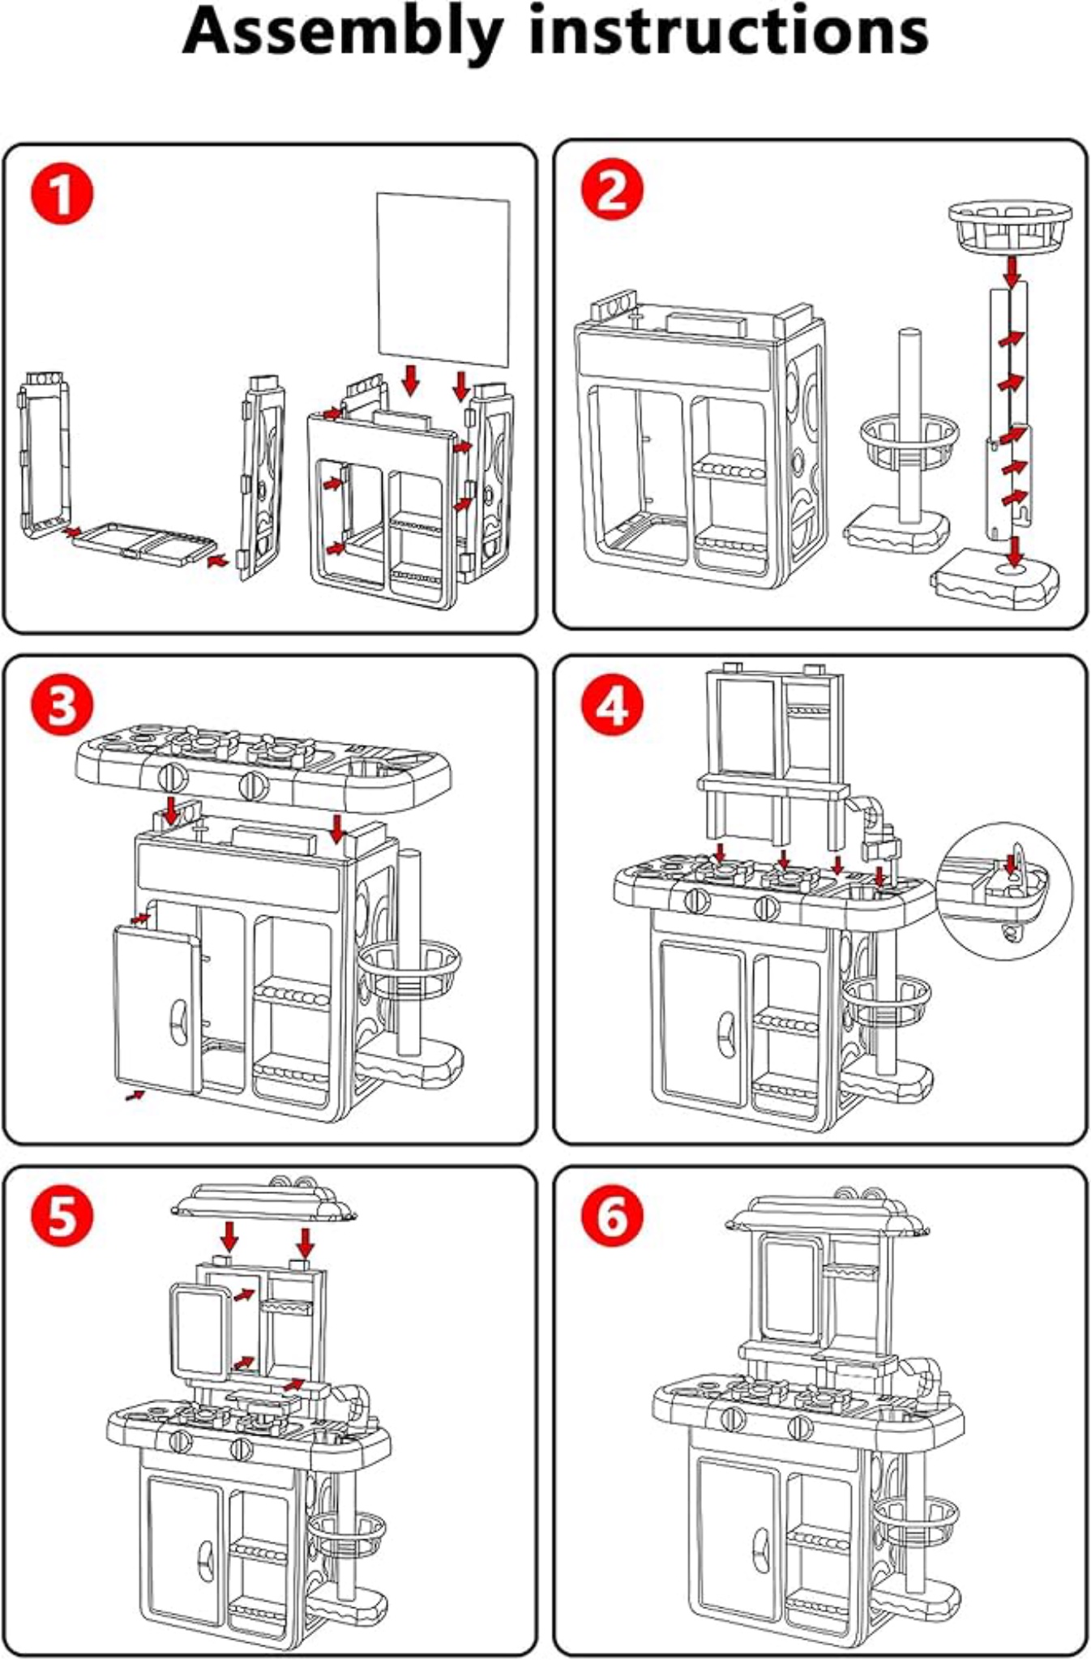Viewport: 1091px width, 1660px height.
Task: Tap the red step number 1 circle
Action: click(x=62, y=195)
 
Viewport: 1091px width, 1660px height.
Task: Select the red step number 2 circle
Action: click(x=613, y=191)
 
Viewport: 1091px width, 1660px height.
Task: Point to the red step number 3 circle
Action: click(x=62, y=705)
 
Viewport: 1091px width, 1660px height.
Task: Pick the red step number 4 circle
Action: click(x=613, y=705)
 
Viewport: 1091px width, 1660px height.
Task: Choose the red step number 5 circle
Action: click(x=62, y=1216)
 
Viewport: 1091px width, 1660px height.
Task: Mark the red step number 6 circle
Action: click(x=613, y=1216)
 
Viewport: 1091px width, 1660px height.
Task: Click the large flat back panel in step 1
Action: click(x=443, y=280)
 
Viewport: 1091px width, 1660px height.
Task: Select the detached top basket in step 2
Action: click(x=1010, y=227)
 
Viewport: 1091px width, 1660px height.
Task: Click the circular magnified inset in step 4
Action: click(x=1004, y=892)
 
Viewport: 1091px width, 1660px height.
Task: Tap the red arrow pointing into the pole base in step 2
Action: click(x=1014, y=552)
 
